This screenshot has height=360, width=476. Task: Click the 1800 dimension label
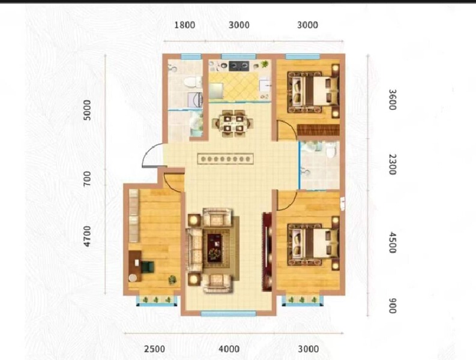tap(185, 25)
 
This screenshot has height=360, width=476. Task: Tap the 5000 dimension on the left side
tap(88, 110)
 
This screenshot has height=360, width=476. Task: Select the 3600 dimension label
tap(393, 100)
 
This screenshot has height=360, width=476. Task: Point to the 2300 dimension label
tap(393, 164)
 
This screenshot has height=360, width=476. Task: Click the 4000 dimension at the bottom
tap(229, 349)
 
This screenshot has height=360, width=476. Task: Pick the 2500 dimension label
tap(154, 349)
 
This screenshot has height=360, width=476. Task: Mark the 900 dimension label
tap(393, 306)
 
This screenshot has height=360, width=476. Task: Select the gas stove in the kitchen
tap(238, 64)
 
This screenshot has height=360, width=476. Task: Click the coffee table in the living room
tap(215, 245)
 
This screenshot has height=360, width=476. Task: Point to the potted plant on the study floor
tap(172, 280)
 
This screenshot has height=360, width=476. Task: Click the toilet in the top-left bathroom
tap(192, 82)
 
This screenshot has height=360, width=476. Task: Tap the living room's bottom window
tap(228, 313)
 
